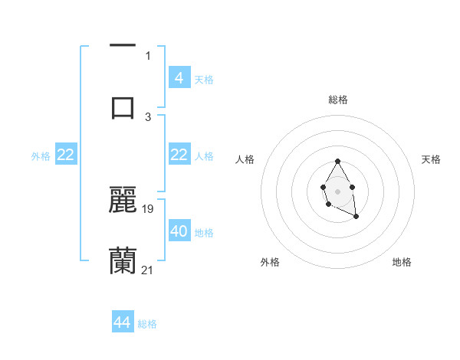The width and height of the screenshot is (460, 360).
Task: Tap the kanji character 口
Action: (123, 106)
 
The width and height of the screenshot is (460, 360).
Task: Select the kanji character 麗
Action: (123, 198)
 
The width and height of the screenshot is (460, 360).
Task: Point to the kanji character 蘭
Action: (123, 261)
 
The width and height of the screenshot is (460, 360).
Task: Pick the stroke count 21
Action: (148, 270)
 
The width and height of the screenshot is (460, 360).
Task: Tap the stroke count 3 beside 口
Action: (148, 117)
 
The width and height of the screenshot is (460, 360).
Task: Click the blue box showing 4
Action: (179, 77)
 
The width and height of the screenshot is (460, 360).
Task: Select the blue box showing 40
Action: (179, 231)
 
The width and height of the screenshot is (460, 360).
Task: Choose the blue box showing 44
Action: (122, 322)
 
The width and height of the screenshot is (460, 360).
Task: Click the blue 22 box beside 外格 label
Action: (65, 155)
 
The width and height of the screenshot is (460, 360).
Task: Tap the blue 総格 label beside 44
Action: (147, 324)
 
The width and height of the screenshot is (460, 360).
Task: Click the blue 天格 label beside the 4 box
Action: (204, 79)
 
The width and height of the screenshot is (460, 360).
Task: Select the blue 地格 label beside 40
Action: (204, 232)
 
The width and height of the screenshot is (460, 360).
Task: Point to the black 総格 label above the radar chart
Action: (338, 100)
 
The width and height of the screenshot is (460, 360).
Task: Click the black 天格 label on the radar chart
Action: (432, 159)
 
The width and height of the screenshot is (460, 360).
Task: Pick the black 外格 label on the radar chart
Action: (270, 262)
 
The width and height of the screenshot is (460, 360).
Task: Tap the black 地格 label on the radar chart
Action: (402, 262)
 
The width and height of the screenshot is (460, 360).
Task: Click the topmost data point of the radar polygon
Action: (337, 161)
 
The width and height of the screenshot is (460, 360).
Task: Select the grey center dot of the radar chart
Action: (337, 190)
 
